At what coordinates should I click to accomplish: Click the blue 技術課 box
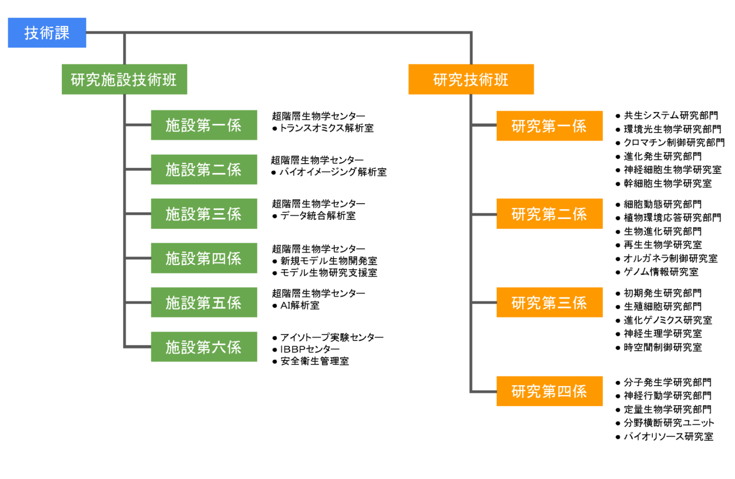click(47, 33)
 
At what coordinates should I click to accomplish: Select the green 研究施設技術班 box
click(124, 79)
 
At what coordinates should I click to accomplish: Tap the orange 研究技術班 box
click(471, 79)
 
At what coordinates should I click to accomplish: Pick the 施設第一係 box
click(204, 125)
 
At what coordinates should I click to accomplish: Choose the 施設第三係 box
click(204, 214)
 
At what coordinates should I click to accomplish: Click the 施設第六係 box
click(204, 347)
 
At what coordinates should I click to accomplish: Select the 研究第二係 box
click(549, 214)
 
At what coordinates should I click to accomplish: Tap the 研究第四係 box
click(549, 391)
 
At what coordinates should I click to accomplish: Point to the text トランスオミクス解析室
click(327, 128)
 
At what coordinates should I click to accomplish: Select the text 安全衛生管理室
click(314, 361)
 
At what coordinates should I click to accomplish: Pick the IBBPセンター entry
click(310, 349)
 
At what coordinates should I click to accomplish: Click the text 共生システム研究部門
click(671, 116)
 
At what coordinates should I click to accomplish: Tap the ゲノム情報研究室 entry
click(661, 272)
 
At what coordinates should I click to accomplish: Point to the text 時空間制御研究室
click(663, 347)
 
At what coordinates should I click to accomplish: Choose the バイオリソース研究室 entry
click(668, 437)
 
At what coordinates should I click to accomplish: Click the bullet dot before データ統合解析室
click(275, 216)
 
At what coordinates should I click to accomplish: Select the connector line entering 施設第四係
click(138, 258)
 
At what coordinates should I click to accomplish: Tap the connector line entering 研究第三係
click(483, 302)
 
